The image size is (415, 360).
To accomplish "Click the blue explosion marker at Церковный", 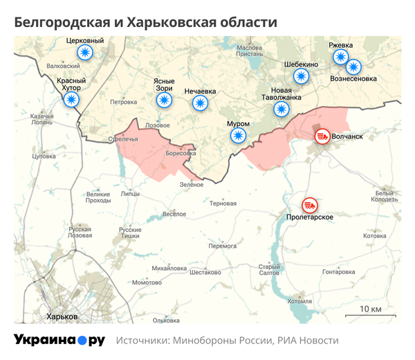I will pos(84,53).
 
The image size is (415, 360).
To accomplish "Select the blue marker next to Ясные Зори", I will pos(164,100).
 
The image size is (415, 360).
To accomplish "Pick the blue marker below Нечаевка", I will pos(200,104).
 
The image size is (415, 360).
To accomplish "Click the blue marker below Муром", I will pos(238,136).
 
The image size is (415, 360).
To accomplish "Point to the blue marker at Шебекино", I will pos(301,76).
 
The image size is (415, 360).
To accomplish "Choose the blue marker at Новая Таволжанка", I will pos(281,109).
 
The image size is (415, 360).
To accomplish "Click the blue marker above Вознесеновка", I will pos(353,67).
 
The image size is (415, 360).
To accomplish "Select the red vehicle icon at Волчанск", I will pos(322,136).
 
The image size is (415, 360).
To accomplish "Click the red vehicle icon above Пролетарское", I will pos(309,206).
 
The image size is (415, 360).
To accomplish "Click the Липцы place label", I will pos(129,195).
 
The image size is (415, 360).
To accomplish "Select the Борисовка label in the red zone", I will pos(181,154).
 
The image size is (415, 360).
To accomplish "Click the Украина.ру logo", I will pos(59,340).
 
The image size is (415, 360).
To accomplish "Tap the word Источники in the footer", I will pos(142,341).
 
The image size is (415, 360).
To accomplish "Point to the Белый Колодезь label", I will pos(385,196).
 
